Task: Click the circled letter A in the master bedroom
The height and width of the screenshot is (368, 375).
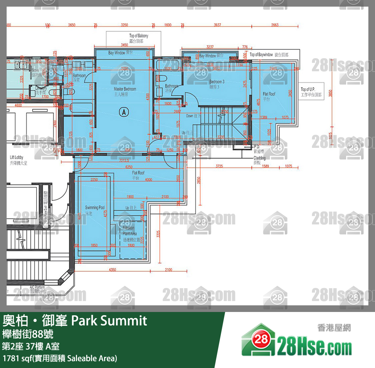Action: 124,112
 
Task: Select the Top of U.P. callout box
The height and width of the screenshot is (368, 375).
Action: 311,92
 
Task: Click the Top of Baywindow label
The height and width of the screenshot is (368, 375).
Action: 269,54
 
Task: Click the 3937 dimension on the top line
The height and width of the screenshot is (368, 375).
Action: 217,25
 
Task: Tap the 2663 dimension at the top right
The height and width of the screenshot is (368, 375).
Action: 275,25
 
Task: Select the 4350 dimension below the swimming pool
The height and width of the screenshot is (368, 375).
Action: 112,270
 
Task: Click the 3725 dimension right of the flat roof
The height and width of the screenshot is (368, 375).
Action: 219,166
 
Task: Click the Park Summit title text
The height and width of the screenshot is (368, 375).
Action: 109,321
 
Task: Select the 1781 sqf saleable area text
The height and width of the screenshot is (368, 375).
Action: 60,358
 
